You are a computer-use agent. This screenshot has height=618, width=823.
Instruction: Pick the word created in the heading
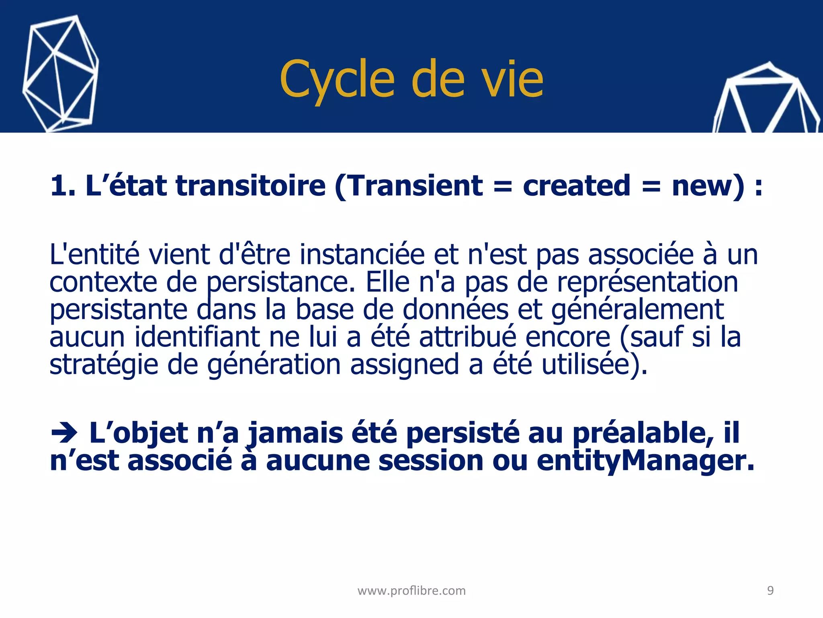point(576,186)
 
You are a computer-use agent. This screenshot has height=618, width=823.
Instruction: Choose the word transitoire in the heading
point(251,186)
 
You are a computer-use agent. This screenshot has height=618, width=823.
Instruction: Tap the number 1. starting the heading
point(63,186)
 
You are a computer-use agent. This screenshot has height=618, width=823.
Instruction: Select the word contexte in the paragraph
point(103,282)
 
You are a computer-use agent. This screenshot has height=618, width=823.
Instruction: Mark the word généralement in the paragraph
point(637,310)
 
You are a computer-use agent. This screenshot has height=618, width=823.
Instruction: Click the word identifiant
point(197,337)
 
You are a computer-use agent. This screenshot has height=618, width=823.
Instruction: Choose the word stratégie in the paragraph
point(104,365)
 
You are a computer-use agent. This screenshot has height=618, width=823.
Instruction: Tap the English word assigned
point(404,364)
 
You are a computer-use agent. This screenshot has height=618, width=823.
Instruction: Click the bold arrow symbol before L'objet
point(64,433)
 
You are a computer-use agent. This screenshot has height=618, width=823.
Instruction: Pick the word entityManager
point(645,461)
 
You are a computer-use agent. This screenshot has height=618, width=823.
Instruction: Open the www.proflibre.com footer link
point(411,591)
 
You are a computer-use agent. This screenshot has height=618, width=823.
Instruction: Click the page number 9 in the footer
point(770,590)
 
